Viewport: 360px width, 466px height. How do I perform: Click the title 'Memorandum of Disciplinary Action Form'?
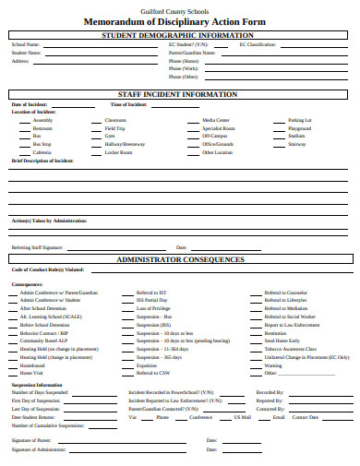click(179, 20)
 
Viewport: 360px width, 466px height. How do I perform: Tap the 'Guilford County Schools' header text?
click(179, 8)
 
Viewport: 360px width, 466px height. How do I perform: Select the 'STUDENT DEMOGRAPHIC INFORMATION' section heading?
click(179, 35)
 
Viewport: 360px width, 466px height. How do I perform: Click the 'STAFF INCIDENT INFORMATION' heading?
click(179, 94)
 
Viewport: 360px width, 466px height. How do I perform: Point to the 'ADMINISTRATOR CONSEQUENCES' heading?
click(179, 261)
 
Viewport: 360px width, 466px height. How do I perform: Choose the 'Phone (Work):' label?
click(184, 68)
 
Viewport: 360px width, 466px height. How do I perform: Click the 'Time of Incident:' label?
click(128, 104)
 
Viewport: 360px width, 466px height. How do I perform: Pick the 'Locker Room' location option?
click(119, 152)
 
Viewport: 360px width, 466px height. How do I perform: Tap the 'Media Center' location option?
click(216, 120)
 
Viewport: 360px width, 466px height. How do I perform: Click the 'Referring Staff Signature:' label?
click(38, 247)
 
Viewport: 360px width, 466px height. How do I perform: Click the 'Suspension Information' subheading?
click(37, 384)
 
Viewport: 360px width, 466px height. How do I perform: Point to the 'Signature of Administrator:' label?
click(39, 448)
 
